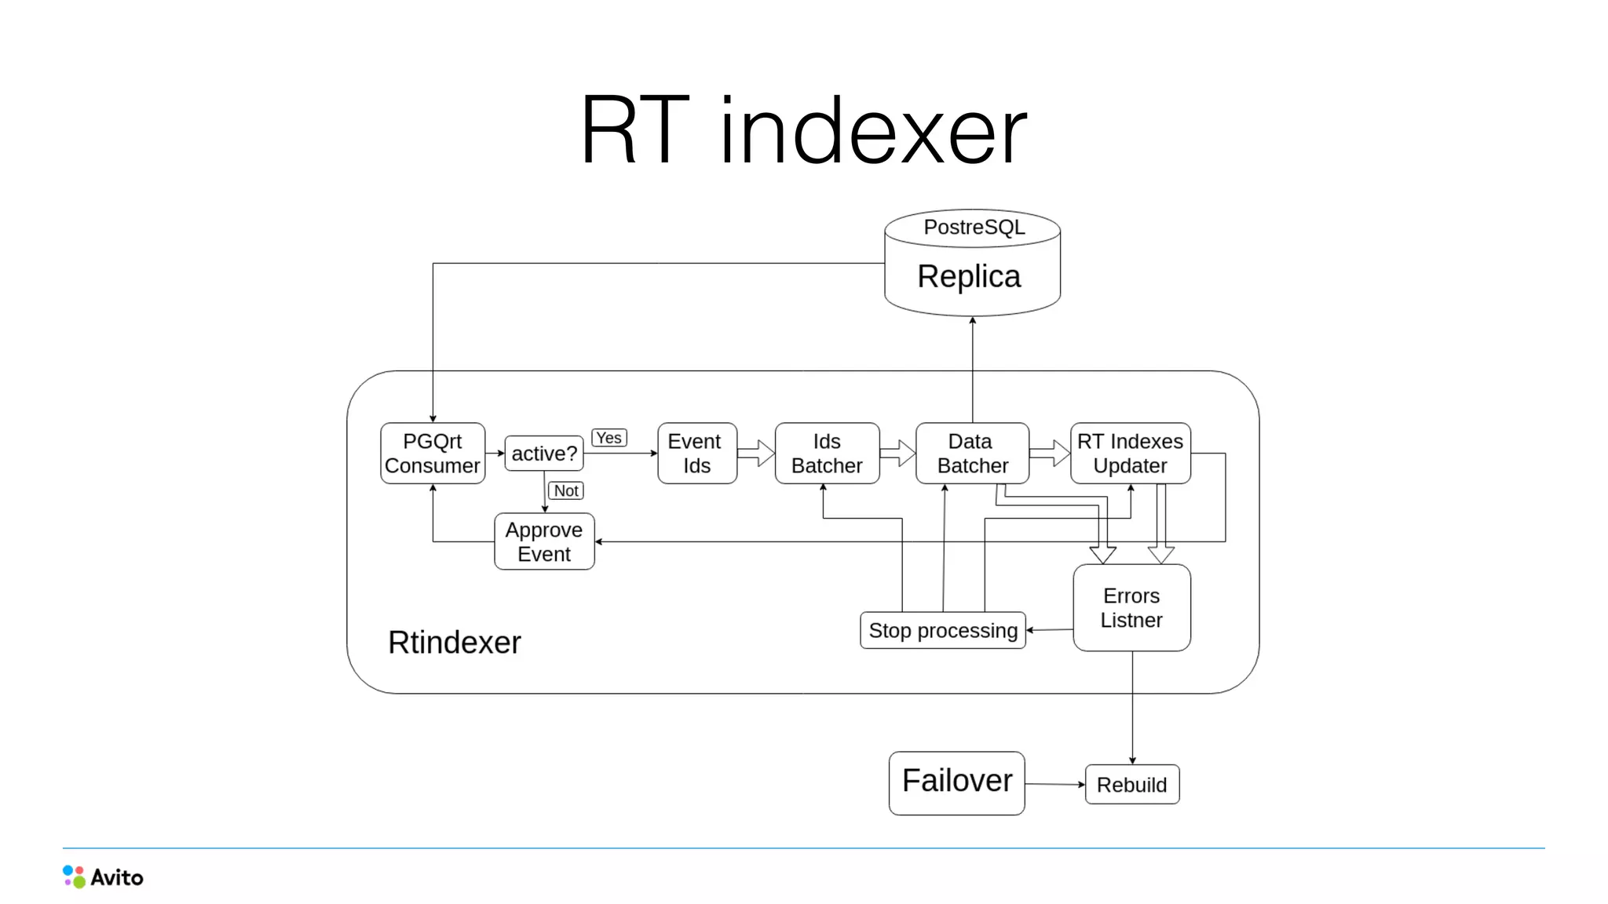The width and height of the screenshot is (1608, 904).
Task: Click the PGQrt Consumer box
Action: pos(433,454)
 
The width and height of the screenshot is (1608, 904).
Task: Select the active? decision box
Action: pos(544,454)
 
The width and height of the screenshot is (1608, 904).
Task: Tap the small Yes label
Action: pos(609,438)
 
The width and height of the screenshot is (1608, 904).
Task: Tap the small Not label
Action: pos(566,491)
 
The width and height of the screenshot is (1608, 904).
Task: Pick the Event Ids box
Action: pos(696,454)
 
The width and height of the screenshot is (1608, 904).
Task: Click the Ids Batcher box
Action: pos(827,454)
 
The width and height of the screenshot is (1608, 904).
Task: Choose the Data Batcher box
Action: pos(972,454)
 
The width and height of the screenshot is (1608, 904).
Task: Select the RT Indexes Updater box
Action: pos(1130,454)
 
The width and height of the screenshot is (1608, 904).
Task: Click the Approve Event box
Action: pos(544,541)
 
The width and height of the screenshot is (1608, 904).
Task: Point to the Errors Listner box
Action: pos(1131,608)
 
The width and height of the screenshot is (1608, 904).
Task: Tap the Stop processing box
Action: pos(943,630)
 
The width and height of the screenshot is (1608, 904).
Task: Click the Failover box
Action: pos(956,782)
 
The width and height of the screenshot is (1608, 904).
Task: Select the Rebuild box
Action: pos(1131,785)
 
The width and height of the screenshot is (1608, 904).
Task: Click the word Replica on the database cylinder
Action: pos(969,277)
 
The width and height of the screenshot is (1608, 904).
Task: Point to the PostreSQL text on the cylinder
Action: pos(974,228)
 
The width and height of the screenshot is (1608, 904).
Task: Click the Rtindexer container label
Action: pos(454,643)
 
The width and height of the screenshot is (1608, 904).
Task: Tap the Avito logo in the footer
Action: pos(103,877)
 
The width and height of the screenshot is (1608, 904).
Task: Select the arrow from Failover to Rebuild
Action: pos(1054,784)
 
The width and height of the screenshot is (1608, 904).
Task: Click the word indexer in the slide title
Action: pos(873,132)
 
